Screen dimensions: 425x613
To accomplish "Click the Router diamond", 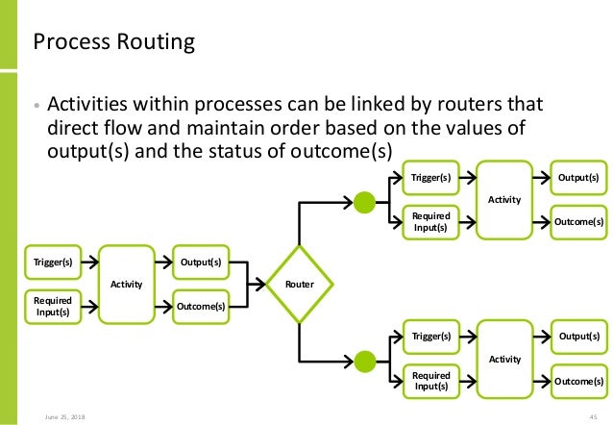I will (x=300, y=285).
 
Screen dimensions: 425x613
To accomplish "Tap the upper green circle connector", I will (x=364, y=202).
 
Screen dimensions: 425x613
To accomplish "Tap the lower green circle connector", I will (x=364, y=361).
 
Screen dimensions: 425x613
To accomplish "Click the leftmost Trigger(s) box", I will (x=54, y=262).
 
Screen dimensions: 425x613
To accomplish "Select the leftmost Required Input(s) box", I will (x=54, y=307).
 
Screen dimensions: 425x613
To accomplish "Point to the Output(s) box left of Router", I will (x=201, y=262).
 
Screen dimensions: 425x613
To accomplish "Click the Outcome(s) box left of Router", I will (x=201, y=307).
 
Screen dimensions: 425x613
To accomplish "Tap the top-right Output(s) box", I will (x=579, y=177).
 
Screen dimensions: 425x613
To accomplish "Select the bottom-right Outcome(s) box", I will (x=579, y=381).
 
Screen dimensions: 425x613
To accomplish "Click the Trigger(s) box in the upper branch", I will (x=430, y=177).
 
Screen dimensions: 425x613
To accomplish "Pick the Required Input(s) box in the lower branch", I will (x=430, y=381).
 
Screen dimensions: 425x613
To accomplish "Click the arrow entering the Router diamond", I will (x=258, y=285).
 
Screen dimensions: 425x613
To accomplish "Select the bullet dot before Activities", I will (x=37, y=105).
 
